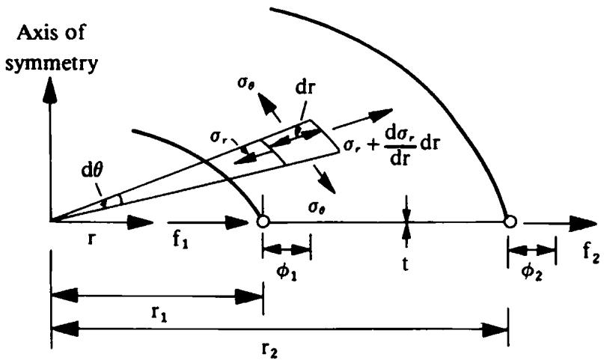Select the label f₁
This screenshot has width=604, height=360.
coord(180,241)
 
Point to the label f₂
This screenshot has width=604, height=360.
coord(591,255)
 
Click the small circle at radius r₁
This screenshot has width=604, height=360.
coord(263,222)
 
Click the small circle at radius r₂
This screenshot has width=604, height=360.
coord(510,222)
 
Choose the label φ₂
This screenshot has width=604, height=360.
coord(532,272)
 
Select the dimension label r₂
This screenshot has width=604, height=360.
coord(269,350)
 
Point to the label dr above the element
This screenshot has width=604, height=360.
coord(305,88)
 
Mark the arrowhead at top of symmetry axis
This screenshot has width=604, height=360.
coord(50,89)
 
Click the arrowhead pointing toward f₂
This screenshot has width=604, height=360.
coord(583,222)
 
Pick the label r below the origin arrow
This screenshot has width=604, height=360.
coord(91,239)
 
